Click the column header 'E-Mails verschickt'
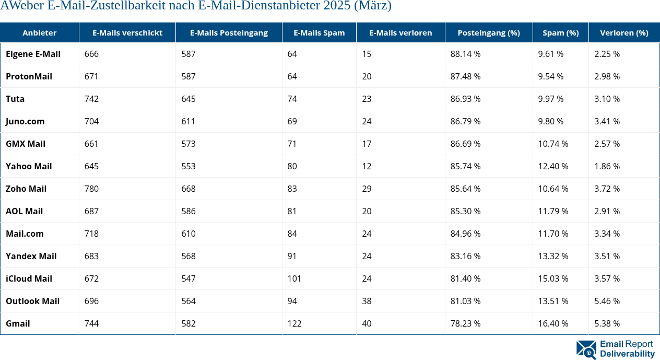pos(127,32)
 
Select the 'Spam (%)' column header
pos(560,32)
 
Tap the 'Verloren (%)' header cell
pos(624,32)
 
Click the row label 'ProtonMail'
pos(29,76)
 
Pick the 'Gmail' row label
pos(18,323)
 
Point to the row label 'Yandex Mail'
pos(31,256)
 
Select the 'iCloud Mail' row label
pos(29,278)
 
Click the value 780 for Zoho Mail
pos(91,189)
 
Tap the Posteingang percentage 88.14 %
pos(465,54)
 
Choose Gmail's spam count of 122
pos(294,323)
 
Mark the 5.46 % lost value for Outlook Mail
pos(607,301)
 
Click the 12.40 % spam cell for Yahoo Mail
pos(553,166)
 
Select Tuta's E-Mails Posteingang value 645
pos(188,99)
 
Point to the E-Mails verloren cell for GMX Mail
pos(367,144)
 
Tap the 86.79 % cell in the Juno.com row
pos(465,121)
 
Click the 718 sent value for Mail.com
pos(91,234)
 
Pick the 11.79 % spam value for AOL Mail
pos(553,211)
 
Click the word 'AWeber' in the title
pos(19,6)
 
